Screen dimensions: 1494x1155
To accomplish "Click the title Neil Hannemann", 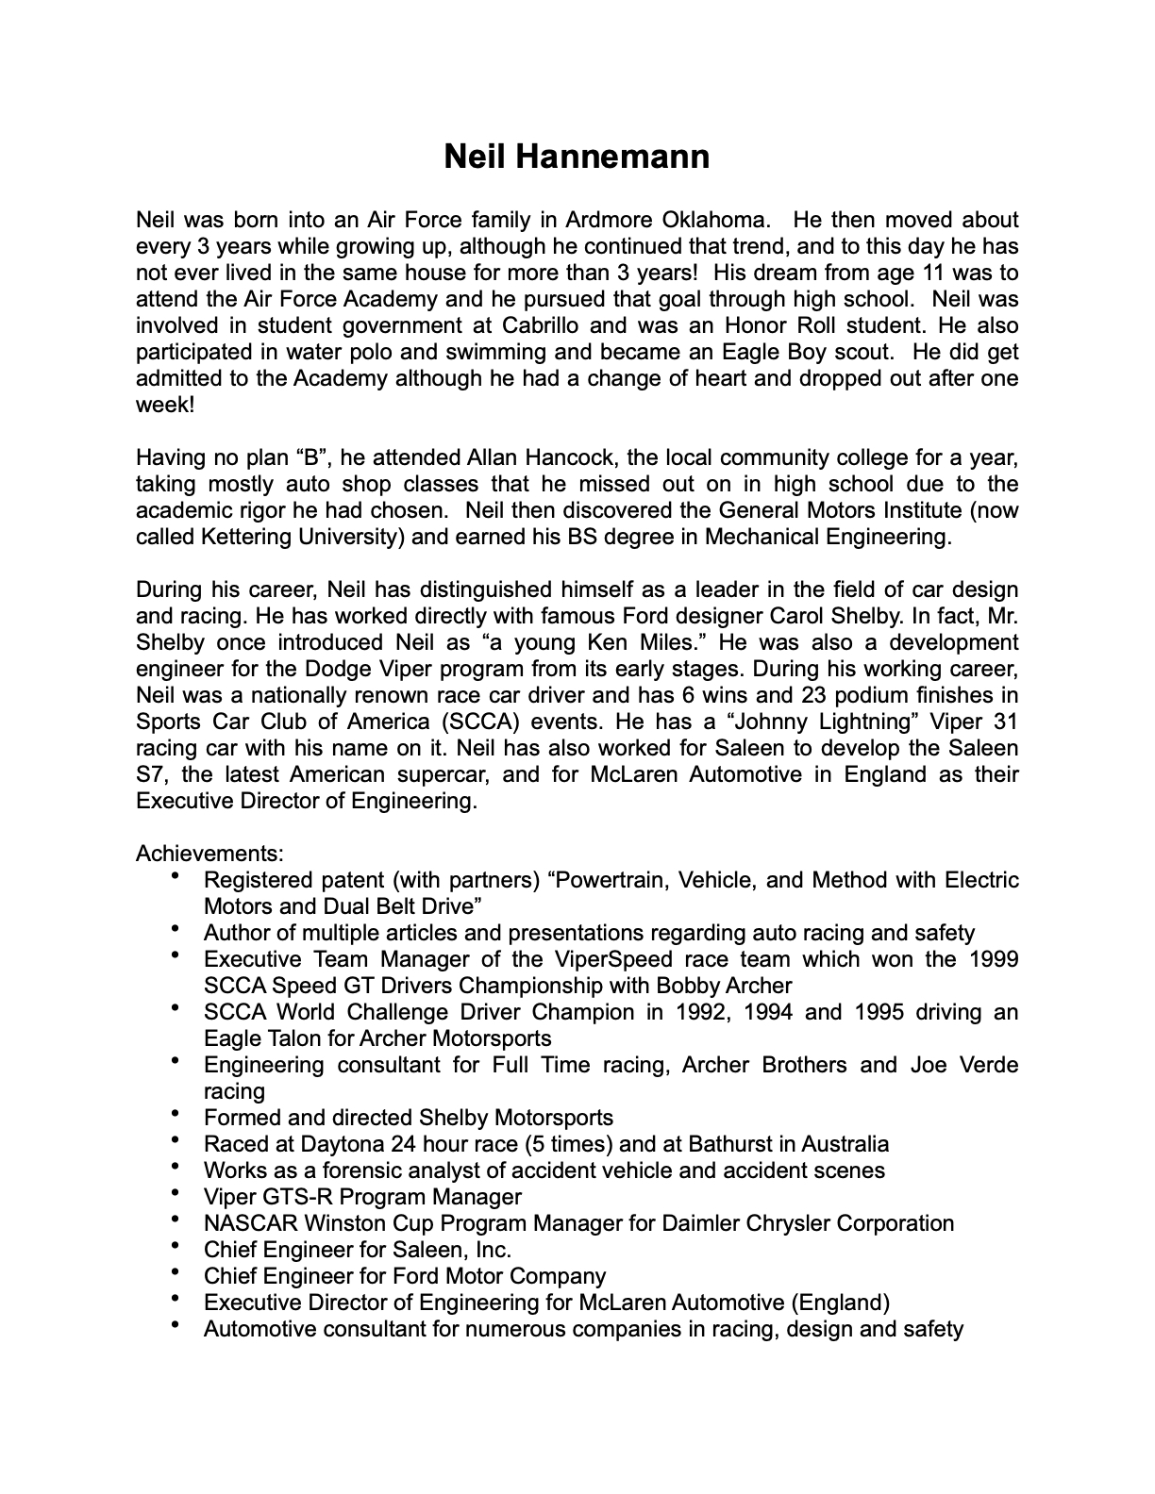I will pyautogui.click(x=577, y=157).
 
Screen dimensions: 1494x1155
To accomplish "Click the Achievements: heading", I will pyautogui.click(x=209, y=854).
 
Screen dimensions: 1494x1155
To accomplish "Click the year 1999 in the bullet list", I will pyautogui.click(x=993, y=960).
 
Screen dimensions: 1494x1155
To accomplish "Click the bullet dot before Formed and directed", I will pyautogui.click(x=176, y=1115).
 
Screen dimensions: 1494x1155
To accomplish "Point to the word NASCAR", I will pyautogui.click(x=245, y=1224).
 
